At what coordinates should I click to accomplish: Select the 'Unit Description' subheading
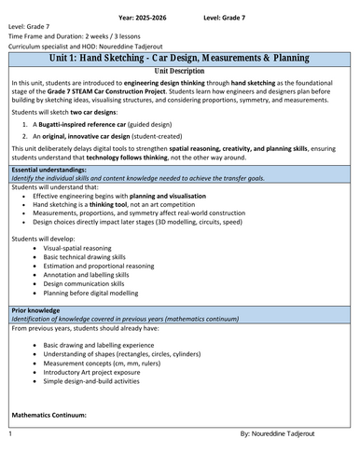pyautogui.click(x=179, y=70)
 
